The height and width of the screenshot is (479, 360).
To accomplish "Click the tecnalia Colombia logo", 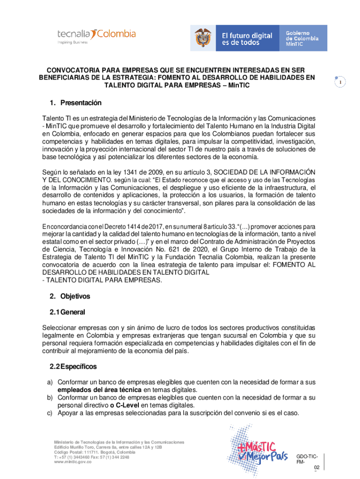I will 96,36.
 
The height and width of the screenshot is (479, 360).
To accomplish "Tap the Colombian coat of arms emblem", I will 203,38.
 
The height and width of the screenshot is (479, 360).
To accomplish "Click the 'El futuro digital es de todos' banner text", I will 246,38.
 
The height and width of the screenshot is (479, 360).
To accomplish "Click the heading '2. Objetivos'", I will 70,296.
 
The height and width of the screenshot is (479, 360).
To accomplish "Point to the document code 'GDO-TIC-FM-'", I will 307,459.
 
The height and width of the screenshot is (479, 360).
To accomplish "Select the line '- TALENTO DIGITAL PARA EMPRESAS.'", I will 102,280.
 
